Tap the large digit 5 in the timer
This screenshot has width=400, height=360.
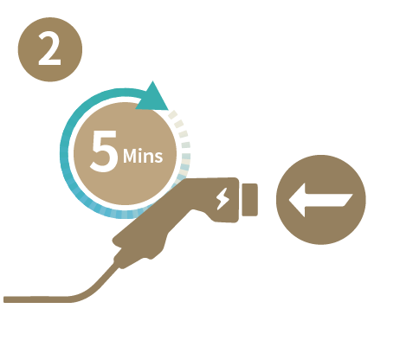(x=104, y=151)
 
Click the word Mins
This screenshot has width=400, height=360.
(x=143, y=156)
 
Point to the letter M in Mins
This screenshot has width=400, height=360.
(x=130, y=157)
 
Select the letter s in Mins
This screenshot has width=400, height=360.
(x=158, y=158)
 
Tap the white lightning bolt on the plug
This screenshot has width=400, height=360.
(x=223, y=199)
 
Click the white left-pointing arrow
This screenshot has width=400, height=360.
(x=320, y=200)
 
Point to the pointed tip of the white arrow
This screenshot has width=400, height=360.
(x=289, y=200)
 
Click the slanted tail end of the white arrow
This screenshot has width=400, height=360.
(x=348, y=200)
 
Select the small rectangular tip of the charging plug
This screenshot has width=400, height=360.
(x=249, y=200)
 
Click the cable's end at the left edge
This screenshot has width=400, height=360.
(x=4, y=299)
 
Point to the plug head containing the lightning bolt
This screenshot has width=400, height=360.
(x=223, y=200)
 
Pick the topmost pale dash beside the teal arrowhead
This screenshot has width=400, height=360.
(x=172, y=114)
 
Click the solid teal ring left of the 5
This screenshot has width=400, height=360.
(x=65, y=150)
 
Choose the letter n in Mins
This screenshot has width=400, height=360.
(x=148, y=158)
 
